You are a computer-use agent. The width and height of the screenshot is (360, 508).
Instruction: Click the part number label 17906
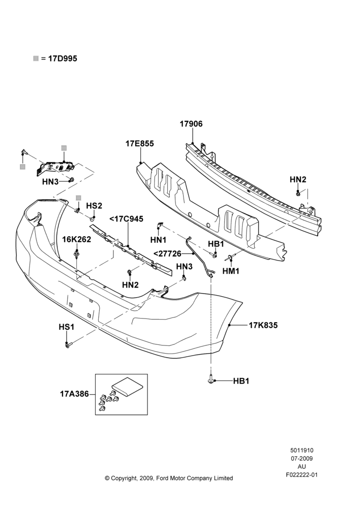tap(191, 124)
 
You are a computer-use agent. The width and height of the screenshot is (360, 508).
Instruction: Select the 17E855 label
tap(140, 144)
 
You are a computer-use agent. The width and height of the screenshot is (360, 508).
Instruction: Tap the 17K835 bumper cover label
tap(263, 325)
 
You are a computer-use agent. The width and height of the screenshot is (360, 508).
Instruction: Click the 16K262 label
tap(77, 239)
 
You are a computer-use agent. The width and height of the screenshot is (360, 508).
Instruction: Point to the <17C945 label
tap(126, 219)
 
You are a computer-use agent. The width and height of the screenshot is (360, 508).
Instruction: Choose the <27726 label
tap(167, 253)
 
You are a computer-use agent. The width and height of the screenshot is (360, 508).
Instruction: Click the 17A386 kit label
tap(74, 394)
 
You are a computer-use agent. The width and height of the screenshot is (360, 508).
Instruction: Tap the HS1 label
tap(67, 327)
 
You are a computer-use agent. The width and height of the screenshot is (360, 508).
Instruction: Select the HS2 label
tap(94, 206)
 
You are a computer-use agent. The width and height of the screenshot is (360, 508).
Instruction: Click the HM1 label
tap(231, 271)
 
